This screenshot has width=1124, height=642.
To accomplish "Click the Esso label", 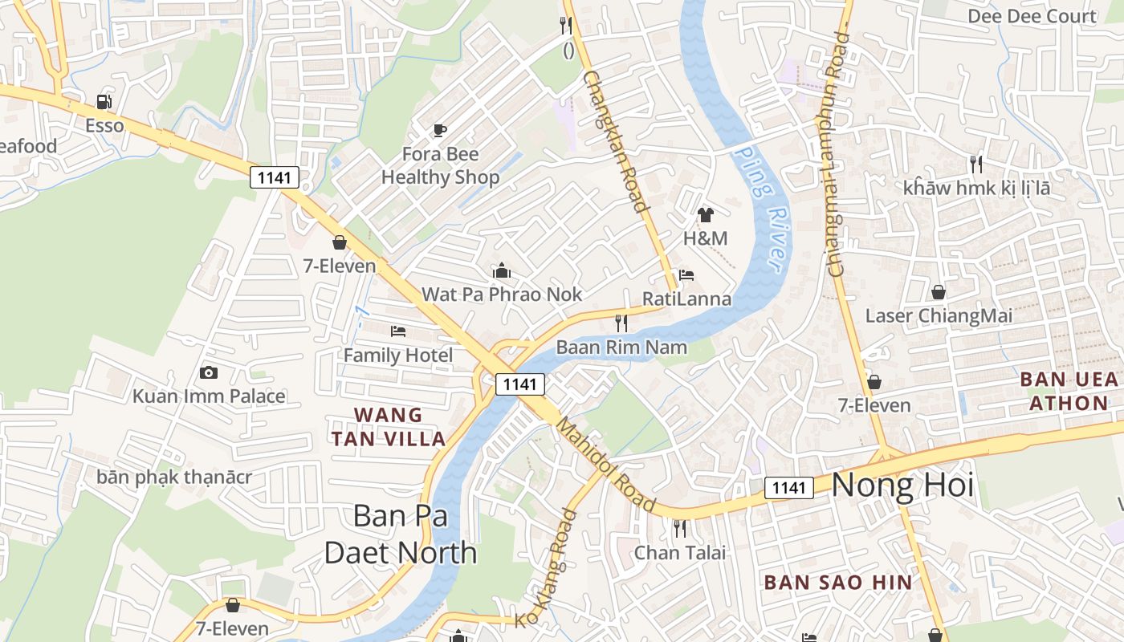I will pyautogui.click(x=104, y=126).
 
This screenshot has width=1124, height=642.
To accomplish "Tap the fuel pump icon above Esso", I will pyautogui.click(x=104, y=102).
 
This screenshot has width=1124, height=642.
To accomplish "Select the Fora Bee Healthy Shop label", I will pyautogui.click(x=440, y=165).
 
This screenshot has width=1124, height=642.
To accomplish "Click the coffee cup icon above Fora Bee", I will pyautogui.click(x=439, y=129).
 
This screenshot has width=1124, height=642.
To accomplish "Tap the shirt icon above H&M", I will pyautogui.click(x=705, y=214).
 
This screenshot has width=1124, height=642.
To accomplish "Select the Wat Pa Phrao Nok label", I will pyautogui.click(x=502, y=295).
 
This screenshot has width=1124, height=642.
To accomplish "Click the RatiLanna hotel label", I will pyautogui.click(x=686, y=299).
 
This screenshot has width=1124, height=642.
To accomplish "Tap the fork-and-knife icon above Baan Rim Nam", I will pyautogui.click(x=621, y=323).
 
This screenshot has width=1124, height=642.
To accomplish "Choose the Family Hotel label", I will pyautogui.click(x=398, y=355).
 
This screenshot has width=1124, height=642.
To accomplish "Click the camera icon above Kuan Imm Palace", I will pyautogui.click(x=209, y=372).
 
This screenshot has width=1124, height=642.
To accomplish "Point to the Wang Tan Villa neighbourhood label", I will pyautogui.click(x=389, y=427).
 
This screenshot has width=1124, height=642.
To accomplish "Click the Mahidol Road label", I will pyautogui.click(x=606, y=465).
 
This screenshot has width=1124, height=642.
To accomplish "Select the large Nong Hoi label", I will pyautogui.click(x=902, y=486).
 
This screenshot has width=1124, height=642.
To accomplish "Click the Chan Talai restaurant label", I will pyautogui.click(x=680, y=552).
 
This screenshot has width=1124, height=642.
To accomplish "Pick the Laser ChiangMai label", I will pyautogui.click(x=938, y=315).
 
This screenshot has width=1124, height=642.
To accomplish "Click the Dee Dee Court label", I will pyautogui.click(x=1031, y=16).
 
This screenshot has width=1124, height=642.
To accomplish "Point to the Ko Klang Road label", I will pyautogui.click(x=547, y=568).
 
